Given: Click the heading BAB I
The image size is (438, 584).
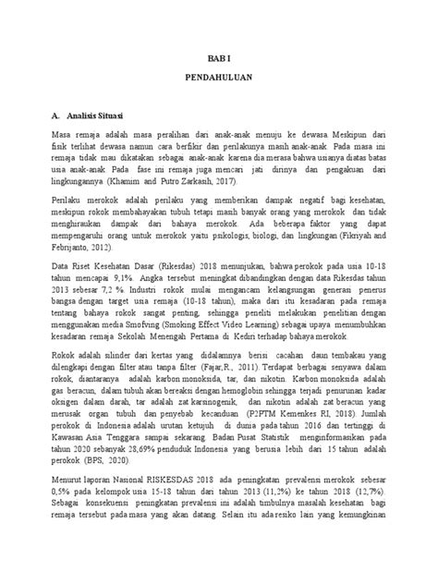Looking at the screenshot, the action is pyautogui.click(x=219, y=56).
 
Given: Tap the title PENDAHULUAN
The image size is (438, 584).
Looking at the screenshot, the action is pyautogui.click(x=219, y=80).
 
